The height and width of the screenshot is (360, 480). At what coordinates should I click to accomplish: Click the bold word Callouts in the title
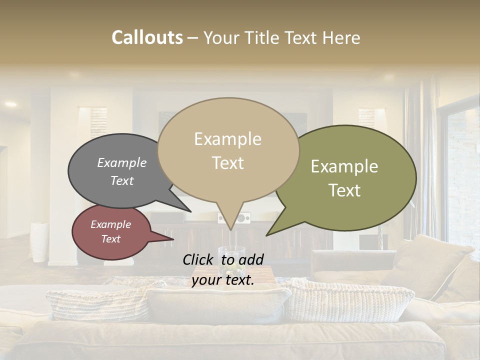tap(147, 37)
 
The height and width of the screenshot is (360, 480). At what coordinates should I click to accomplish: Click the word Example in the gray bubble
tap(121, 163)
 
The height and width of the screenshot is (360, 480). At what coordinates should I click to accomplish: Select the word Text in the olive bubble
tap(344, 190)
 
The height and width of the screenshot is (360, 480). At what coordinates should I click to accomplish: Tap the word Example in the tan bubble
tap(227, 139)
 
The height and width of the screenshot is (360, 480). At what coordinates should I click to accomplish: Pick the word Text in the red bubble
tap(110, 239)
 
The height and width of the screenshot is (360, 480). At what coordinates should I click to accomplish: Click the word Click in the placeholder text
tap(199, 259)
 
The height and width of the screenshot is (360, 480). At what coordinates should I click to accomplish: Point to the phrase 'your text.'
tap(223, 280)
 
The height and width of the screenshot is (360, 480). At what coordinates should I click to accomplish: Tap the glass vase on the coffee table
tap(231, 256)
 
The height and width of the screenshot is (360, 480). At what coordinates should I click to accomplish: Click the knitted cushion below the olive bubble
tap(352, 300)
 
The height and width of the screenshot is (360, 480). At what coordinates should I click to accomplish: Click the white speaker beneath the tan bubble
tap(241, 218)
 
